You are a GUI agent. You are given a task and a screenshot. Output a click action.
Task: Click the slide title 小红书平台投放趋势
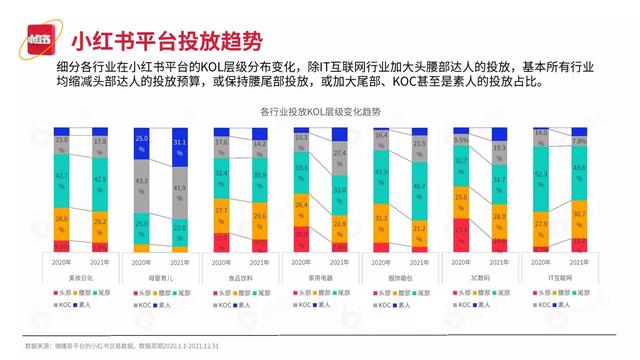pyautogui.click(x=166, y=42)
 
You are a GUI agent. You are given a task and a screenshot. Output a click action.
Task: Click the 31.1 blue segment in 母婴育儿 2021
pyautogui.click(x=180, y=150)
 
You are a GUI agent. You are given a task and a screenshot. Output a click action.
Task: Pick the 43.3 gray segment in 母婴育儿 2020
pyautogui.click(x=142, y=191)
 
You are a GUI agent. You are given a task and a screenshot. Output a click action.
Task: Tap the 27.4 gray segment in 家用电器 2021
pyautogui.click(x=338, y=158)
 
